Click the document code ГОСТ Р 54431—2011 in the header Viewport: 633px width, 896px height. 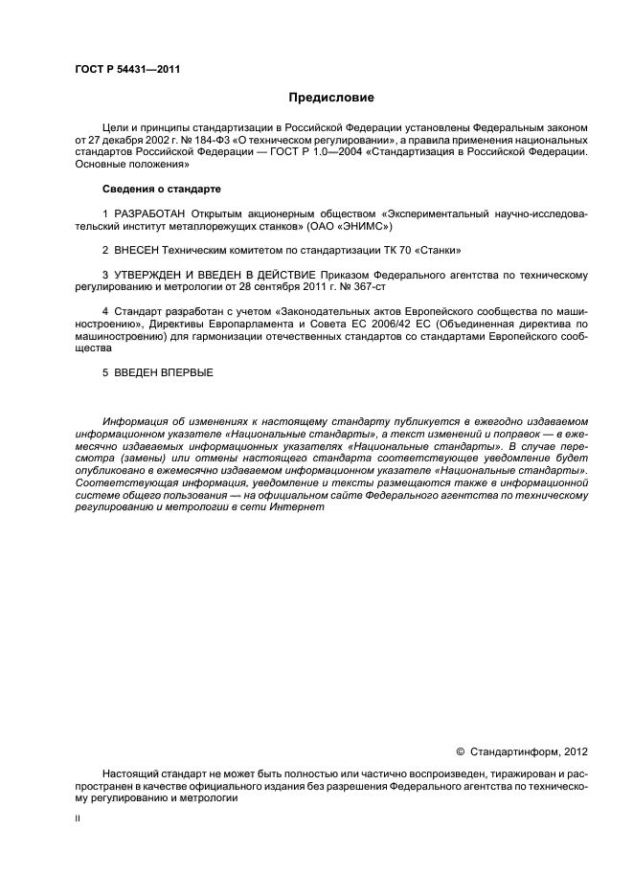[x=127, y=69]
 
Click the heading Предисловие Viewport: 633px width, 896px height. [x=331, y=98]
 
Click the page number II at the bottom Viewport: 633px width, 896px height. [x=78, y=820]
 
